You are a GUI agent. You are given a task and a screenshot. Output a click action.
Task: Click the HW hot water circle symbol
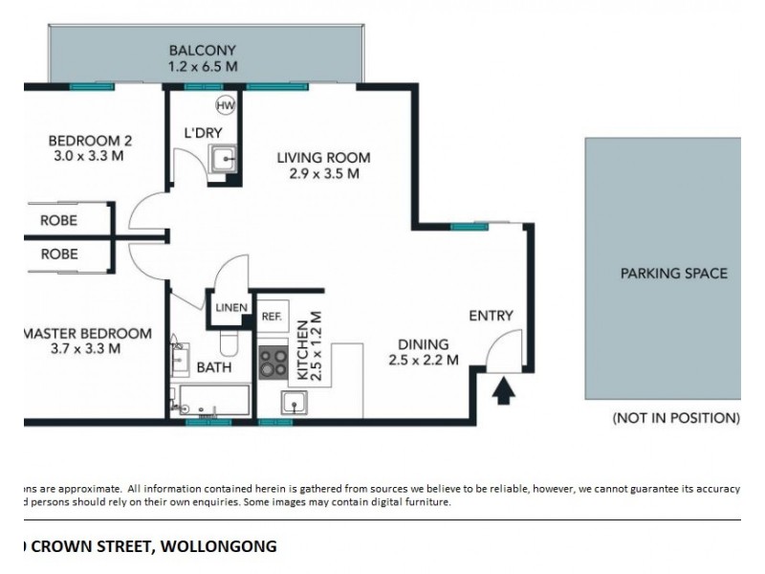point(226,105)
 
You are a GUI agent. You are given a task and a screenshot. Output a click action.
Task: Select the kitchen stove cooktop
point(273,362)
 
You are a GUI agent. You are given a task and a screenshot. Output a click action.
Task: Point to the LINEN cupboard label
point(231,308)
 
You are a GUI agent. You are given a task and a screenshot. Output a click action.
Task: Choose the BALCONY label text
point(202,51)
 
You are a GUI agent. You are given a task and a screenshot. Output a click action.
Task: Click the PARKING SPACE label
point(673,274)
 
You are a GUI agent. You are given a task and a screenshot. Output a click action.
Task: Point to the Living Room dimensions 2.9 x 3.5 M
point(323,174)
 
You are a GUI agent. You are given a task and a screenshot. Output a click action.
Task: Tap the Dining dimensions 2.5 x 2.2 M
point(424,361)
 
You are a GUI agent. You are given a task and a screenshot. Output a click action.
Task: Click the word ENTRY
point(491,316)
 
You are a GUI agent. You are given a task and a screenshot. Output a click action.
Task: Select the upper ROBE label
point(58,220)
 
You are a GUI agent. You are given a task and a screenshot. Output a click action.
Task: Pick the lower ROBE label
point(58,254)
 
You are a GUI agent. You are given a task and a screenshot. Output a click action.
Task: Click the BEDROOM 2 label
point(90,143)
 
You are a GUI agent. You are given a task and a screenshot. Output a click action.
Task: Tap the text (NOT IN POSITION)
point(675,418)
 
